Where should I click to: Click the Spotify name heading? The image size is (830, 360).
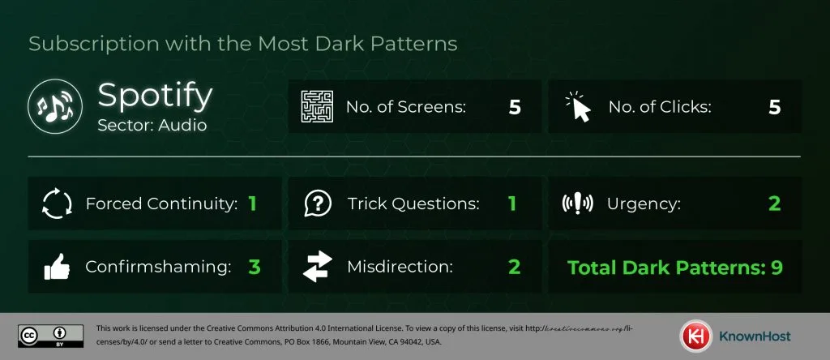pos(155,96)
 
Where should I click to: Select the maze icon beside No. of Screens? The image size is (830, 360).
pos(317,106)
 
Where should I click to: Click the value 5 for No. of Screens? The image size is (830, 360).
pos(515,107)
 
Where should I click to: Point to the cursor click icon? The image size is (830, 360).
pos(577,106)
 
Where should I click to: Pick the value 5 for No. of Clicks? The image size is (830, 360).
pos(774,107)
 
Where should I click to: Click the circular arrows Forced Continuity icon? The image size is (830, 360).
pos(57,204)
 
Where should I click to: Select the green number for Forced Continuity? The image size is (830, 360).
pos(252,204)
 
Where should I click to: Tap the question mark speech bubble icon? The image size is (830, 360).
pos(317,204)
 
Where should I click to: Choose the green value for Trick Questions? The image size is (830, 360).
pos(512,204)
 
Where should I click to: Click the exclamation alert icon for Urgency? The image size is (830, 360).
pos(577,204)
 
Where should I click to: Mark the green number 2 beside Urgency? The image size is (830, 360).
pos(774,204)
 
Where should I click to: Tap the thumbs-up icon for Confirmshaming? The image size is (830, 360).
pos(57,266)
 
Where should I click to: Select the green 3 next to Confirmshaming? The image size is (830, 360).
pos(254,267)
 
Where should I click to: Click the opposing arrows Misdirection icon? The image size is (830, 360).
pos(317,266)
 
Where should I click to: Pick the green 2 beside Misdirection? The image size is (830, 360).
pos(512,267)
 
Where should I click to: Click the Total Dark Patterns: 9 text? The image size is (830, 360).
pos(674,267)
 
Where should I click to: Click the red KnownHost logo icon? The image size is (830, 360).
pos(692,336)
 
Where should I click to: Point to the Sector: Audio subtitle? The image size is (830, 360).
pos(152,126)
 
